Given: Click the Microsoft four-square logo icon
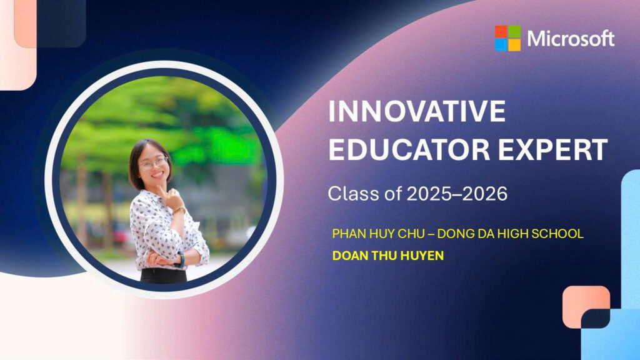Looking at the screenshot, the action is pyautogui.click(x=507, y=38).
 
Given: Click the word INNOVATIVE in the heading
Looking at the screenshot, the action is pyautogui.click(x=417, y=111).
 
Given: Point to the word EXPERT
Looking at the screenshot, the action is pyautogui.click(x=553, y=150).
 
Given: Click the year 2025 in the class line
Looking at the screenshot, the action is pyautogui.click(x=430, y=194).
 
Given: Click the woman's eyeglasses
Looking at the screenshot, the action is pyautogui.click(x=154, y=163).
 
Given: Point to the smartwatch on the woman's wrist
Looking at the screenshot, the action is pyautogui.click(x=180, y=259).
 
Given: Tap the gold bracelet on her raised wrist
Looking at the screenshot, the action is pyautogui.click(x=179, y=210).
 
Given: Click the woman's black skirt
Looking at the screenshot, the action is pyautogui.click(x=164, y=276).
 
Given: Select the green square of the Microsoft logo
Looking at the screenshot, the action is pyautogui.click(x=514, y=32).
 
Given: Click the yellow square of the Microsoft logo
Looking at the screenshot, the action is pyautogui.click(x=514, y=45).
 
